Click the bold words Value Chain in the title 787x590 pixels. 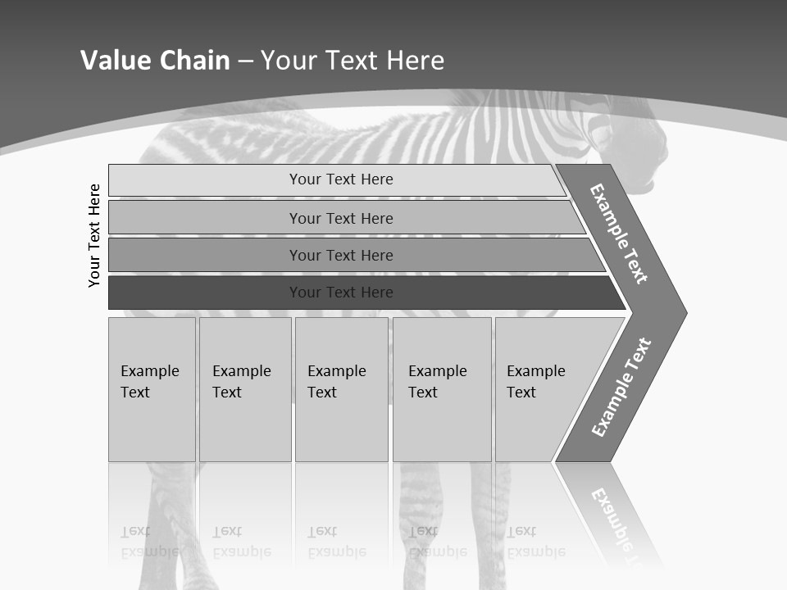coord(155,61)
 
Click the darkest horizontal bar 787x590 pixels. coord(205,293)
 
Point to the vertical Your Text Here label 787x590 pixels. coord(94,235)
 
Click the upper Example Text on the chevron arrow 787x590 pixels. coord(619,234)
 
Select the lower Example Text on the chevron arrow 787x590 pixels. coord(621,388)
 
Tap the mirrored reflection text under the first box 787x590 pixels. coord(149,542)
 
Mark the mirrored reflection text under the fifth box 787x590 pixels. coord(535,542)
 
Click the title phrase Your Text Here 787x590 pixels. coord(353,61)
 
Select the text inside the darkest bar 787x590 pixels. coord(341,293)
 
